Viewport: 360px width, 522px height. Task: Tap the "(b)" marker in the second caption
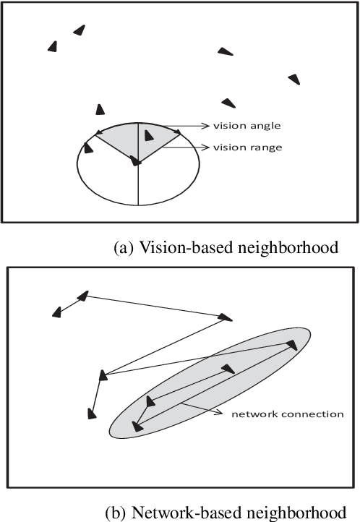click(x=115, y=512)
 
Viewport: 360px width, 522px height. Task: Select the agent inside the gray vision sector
click(x=148, y=135)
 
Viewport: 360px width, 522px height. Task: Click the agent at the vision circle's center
click(x=135, y=161)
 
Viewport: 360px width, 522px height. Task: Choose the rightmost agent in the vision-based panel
click(x=293, y=78)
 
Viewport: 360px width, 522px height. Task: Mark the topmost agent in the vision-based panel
click(x=79, y=30)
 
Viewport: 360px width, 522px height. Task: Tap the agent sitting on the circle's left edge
click(x=89, y=147)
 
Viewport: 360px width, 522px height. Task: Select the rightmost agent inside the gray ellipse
click(x=292, y=344)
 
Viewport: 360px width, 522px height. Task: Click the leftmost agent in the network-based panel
click(x=56, y=312)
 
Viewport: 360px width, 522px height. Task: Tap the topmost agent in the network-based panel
click(x=83, y=295)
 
